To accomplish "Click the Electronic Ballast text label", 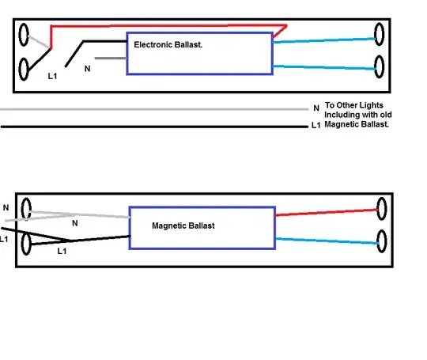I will click(x=168, y=46).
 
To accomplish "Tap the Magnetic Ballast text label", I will click(x=183, y=225).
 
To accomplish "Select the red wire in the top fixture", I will click(x=158, y=25).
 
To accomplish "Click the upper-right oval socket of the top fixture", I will click(x=379, y=36).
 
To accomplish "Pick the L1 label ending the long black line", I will click(x=316, y=126).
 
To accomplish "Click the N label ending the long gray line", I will click(x=316, y=108).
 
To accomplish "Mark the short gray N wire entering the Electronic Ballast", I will click(x=110, y=59).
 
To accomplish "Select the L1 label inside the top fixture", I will click(x=53, y=77).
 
